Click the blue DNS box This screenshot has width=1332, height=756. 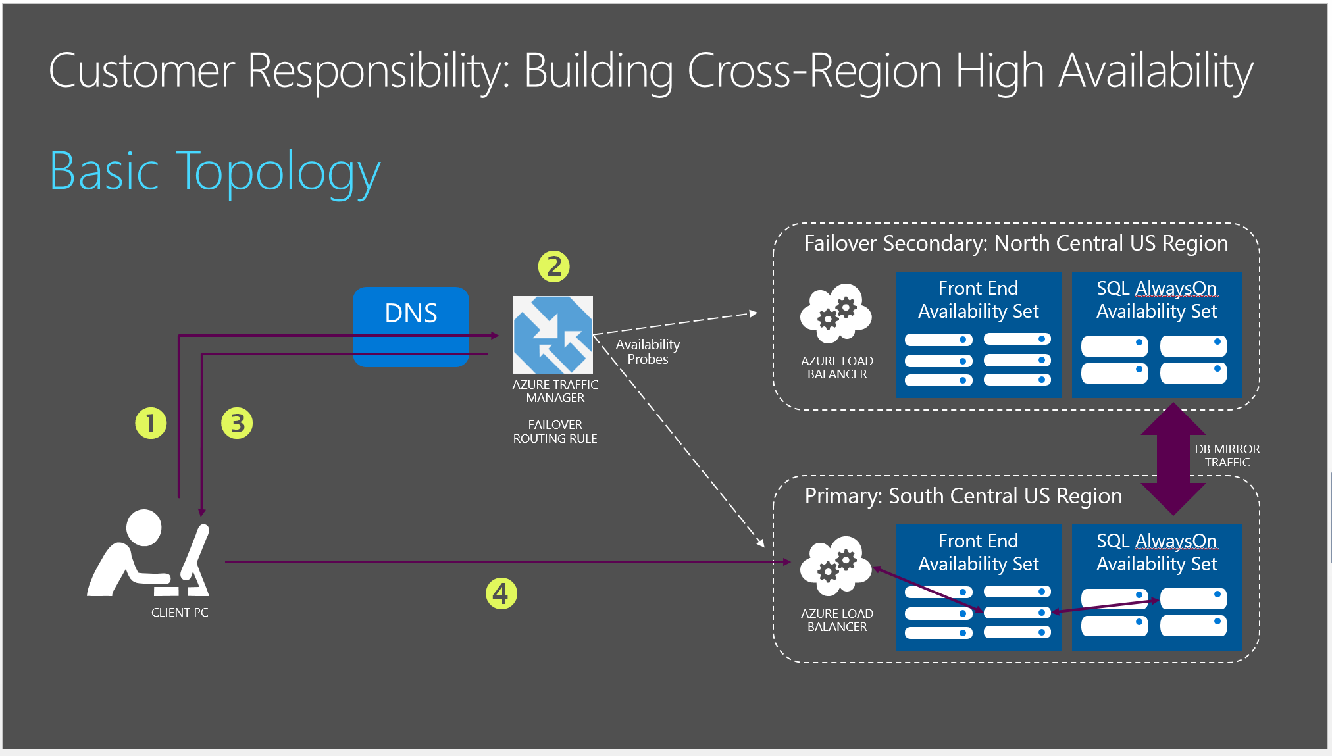pyautogui.click(x=411, y=313)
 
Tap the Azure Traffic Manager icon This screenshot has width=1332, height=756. pyautogui.click(x=553, y=335)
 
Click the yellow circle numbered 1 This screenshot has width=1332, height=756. pyautogui.click(x=151, y=423)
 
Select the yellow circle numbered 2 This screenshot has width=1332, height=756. pyautogui.click(x=553, y=266)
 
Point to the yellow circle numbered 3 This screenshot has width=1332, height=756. pyautogui.click(x=237, y=423)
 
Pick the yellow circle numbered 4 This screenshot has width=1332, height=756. pyautogui.click(x=501, y=593)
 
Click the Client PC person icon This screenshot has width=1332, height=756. pyautogui.click(x=149, y=556)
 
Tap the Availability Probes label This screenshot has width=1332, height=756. pyautogui.click(x=648, y=352)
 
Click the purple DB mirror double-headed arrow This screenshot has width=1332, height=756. pyautogui.click(x=1173, y=459)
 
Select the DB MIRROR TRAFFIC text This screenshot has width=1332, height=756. pyautogui.click(x=1227, y=455)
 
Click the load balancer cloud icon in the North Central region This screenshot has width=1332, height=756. pyautogui.click(x=836, y=314)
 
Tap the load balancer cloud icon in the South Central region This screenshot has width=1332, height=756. pyautogui.click(x=836, y=567)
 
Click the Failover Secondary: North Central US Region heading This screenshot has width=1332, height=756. pyautogui.click(x=1015, y=243)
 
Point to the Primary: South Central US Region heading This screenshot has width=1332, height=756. pyautogui.click(x=963, y=496)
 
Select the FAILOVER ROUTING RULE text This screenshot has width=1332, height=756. pyautogui.click(x=555, y=432)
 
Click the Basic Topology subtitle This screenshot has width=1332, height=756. pyautogui.click(x=215, y=172)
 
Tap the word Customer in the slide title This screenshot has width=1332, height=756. pyautogui.click(x=141, y=71)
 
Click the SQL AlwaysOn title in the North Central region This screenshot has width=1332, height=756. pyautogui.click(x=1156, y=288)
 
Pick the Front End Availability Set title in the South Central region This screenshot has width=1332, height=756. pyautogui.click(x=978, y=552)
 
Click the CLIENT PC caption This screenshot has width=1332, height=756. pyautogui.click(x=180, y=613)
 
